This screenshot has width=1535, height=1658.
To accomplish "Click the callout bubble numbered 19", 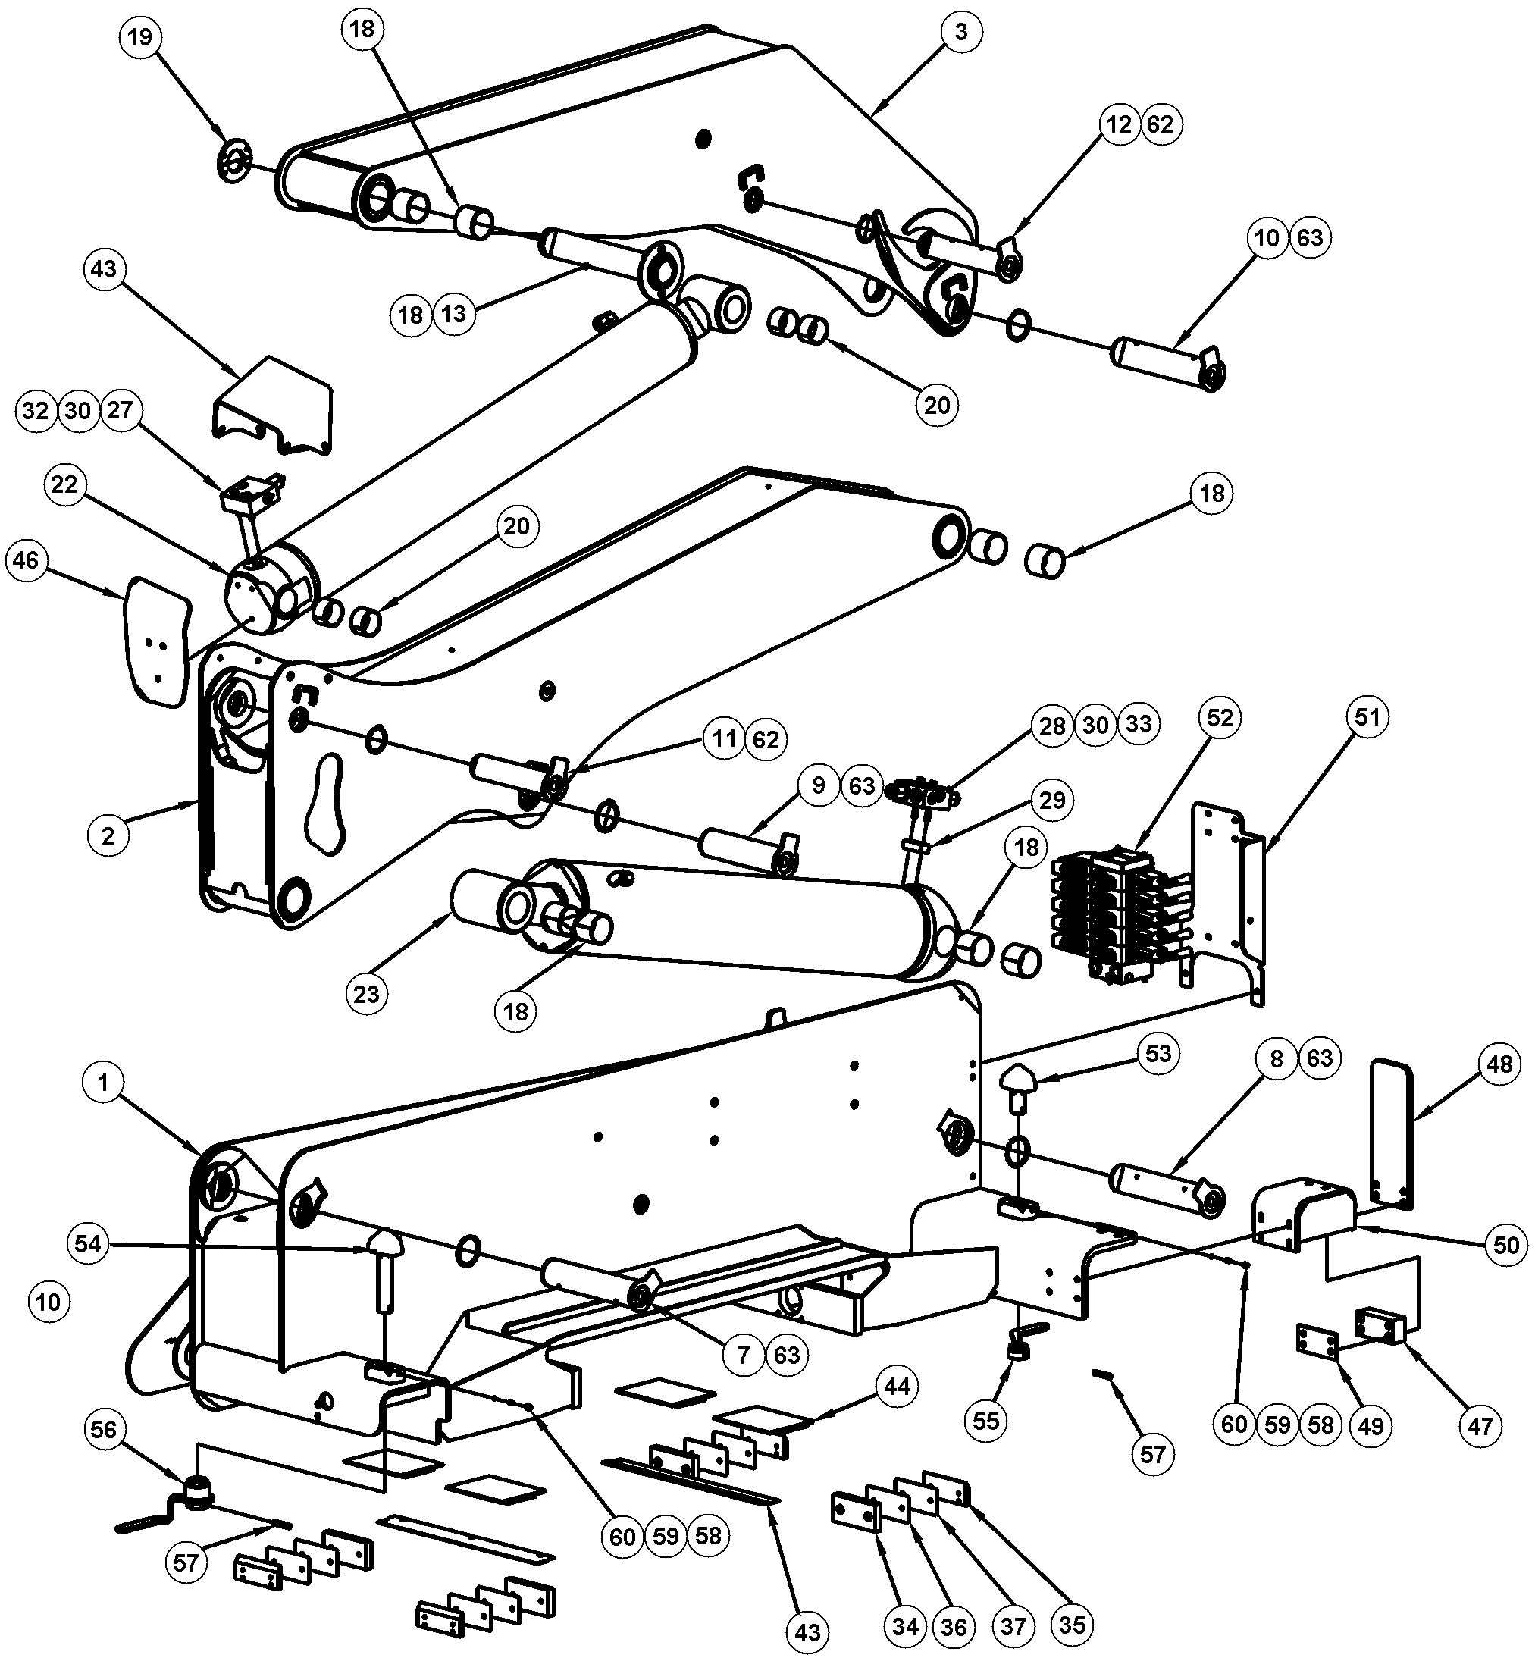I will click(x=140, y=37).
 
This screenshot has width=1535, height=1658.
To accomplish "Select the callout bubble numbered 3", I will click(x=961, y=32).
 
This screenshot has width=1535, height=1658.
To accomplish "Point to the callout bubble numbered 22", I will click(x=64, y=484).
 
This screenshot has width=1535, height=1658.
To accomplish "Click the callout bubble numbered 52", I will click(x=1220, y=718).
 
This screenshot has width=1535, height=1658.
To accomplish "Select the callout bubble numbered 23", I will click(x=366, y=995).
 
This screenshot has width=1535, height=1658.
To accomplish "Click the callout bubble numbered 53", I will click(x=1158, y=1053).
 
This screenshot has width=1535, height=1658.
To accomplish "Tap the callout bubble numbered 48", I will click(x=1499, y=1064).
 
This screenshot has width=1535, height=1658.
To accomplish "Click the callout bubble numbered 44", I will click(x=897, y=1387).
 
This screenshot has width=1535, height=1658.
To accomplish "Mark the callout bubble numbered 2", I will click(x=108, y=835).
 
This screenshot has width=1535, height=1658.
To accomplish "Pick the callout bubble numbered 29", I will click(x=1052, y=800).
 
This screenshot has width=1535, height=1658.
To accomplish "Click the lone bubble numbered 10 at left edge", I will click(x=49, y=1302).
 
